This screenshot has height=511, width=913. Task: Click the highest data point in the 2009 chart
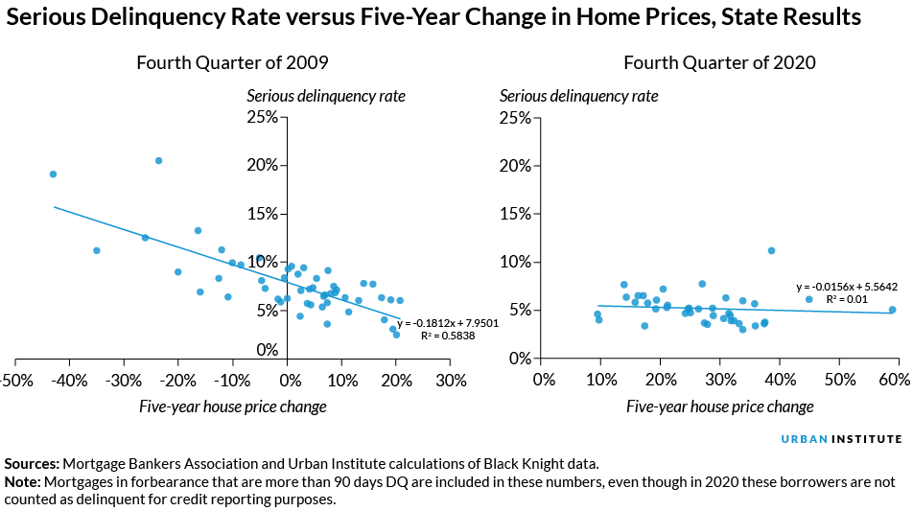tap(159, 161)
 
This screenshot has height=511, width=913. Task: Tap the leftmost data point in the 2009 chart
tap(53, 174)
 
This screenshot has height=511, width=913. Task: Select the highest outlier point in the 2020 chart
tap(771, 250)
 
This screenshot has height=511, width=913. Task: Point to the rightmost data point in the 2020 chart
tap(892, 310)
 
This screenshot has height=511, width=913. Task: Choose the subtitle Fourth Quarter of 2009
tap(233, 63)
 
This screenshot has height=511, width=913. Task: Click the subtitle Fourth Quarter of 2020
tap(719, 63)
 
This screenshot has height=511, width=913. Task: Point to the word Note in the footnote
tap(24, 482)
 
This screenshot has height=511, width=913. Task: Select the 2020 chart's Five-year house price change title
tap(719, 406)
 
